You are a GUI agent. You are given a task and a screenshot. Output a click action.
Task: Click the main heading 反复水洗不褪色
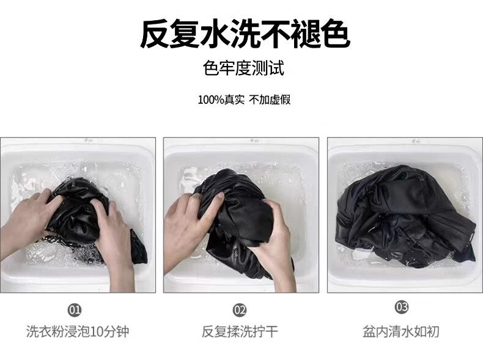tap(245, 34)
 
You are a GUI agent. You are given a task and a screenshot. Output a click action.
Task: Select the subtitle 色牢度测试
tap(243, 68)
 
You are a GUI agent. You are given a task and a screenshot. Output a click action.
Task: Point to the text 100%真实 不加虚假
tap(244, 100)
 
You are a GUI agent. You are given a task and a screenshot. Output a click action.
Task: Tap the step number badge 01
tap(75, 310)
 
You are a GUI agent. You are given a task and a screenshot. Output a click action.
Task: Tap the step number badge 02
tap(239, 310)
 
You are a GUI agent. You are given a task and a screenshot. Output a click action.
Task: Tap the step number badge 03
tap(401, 307)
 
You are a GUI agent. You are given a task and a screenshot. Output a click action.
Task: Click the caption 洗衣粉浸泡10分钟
tap(77, 332)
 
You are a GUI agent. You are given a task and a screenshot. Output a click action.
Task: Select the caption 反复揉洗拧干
tap(240, 332)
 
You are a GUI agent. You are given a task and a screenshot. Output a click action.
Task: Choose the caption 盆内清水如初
tap(400, 332)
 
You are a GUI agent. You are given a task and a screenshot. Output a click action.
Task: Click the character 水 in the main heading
tap(215, 34)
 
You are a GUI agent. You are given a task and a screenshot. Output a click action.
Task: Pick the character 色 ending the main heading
tap(335, 34)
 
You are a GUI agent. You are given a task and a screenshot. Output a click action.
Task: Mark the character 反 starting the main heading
tap(155, 34)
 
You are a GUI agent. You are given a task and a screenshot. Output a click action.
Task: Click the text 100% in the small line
tap(210, 100)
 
